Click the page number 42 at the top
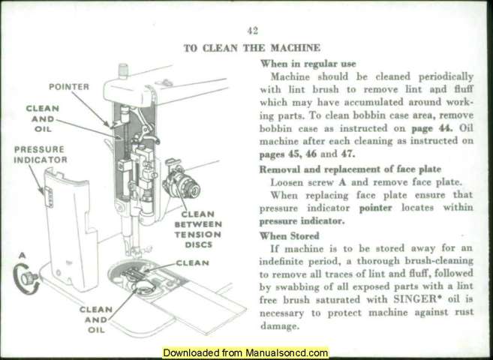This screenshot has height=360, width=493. pyautogui.click(x=252, y=31)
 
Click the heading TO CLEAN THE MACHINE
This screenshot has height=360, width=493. pyautogui.click(x=252, y=47)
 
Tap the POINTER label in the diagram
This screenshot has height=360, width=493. pyautogui.click(x=69, y=86)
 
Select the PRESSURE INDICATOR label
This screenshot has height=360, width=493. pyautogui.click(x=40, y=154)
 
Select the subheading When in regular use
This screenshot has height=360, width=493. pyautogui.click(x=307, y=64)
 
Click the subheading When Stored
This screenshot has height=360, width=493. pyautogui.click(x=289, y=235)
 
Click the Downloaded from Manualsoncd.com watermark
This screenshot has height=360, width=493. pyautogui.click(x=245, y=352)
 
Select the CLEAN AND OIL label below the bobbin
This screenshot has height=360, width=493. pyautogui.click(x=96, y=319)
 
